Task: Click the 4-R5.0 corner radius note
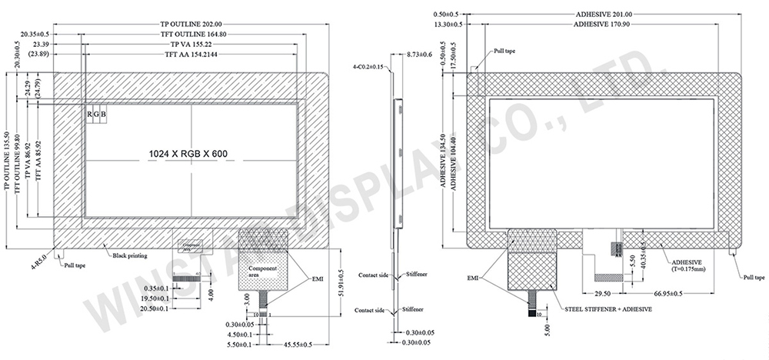[39, 255]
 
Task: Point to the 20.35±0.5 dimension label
[35, 35]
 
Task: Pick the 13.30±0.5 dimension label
[448, 25]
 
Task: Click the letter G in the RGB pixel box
[97, 115]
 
